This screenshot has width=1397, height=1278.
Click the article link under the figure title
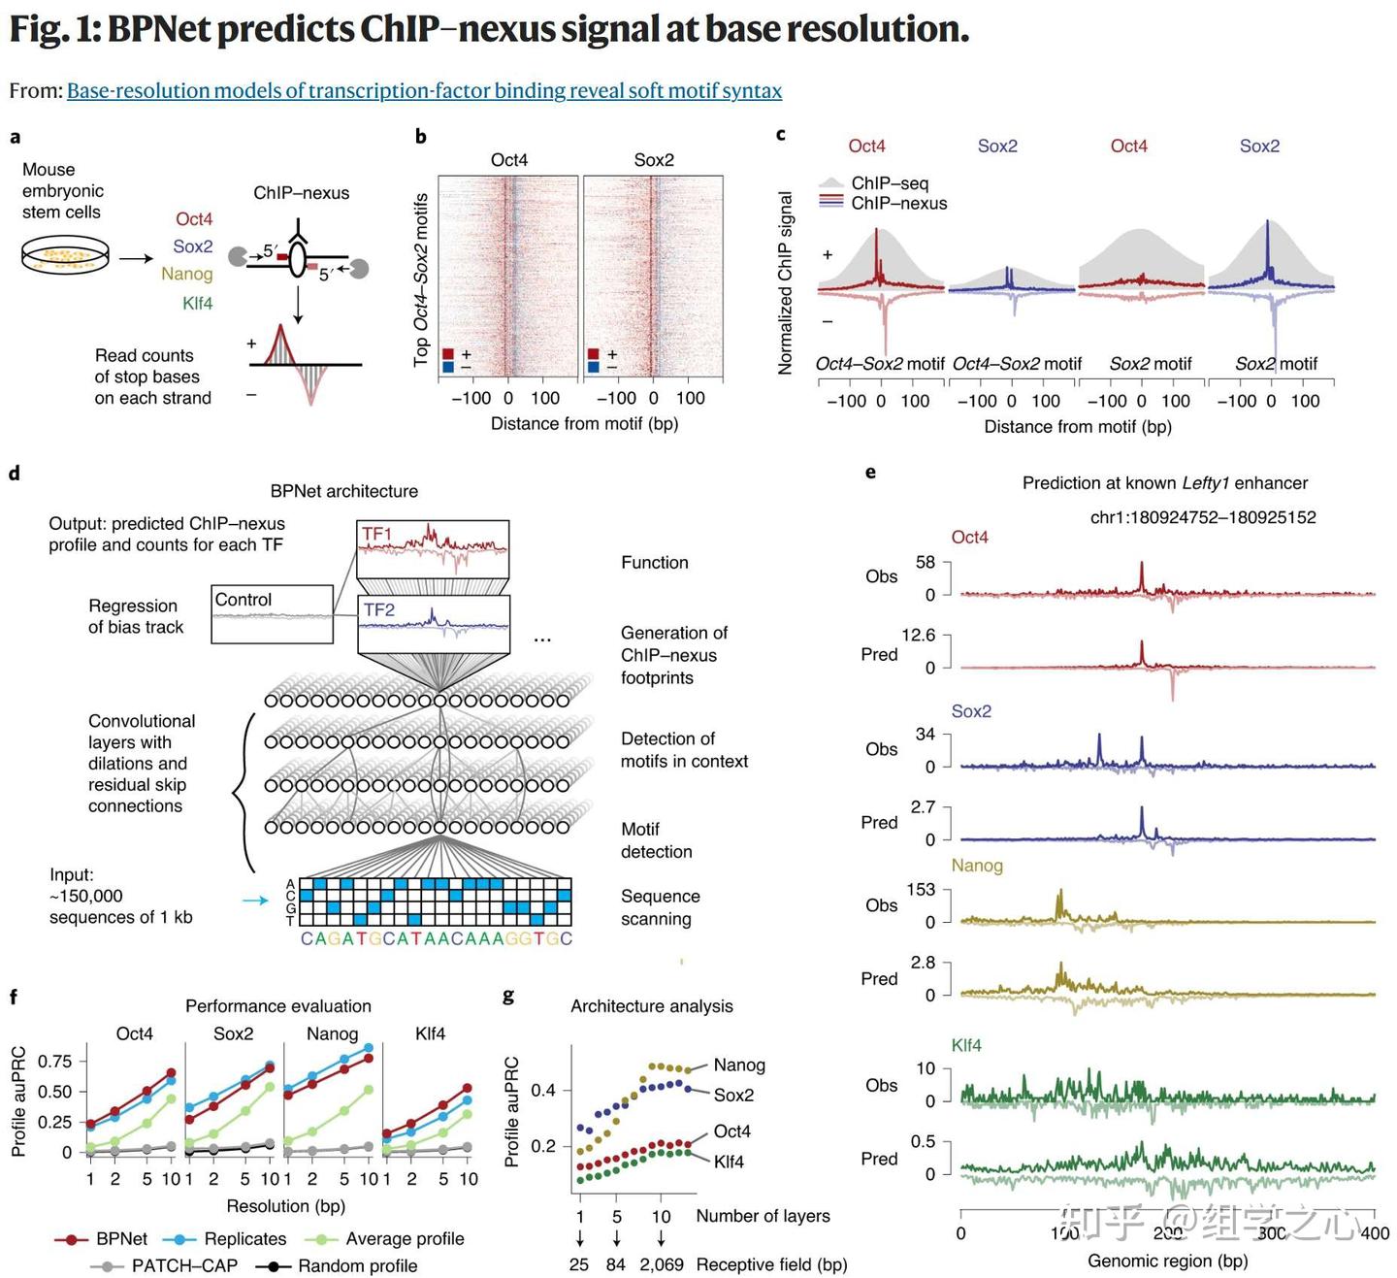point(424,91)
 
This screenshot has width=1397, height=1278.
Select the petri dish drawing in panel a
point(64,257)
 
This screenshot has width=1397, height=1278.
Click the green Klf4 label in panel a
point(197,304)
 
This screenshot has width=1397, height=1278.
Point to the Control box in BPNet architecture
point(273,613)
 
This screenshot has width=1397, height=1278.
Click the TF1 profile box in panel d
point(433,549)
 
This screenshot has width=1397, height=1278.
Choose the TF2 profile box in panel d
point(434,625)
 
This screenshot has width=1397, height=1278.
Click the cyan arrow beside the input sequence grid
point(255,901)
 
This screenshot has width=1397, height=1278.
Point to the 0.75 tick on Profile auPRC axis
point(54,1062)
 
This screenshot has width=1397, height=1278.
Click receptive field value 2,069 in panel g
point(662,1265)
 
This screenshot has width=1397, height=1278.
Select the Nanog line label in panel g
point(739,1065)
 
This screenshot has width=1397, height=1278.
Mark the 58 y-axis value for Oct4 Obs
point(925,563)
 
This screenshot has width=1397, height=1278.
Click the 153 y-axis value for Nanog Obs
point(920,890)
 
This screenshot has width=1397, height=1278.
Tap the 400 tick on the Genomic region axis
point(1375,1233)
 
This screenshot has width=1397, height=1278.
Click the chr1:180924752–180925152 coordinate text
point(1203,518)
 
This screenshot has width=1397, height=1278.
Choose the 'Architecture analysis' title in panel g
point(651,1006)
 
